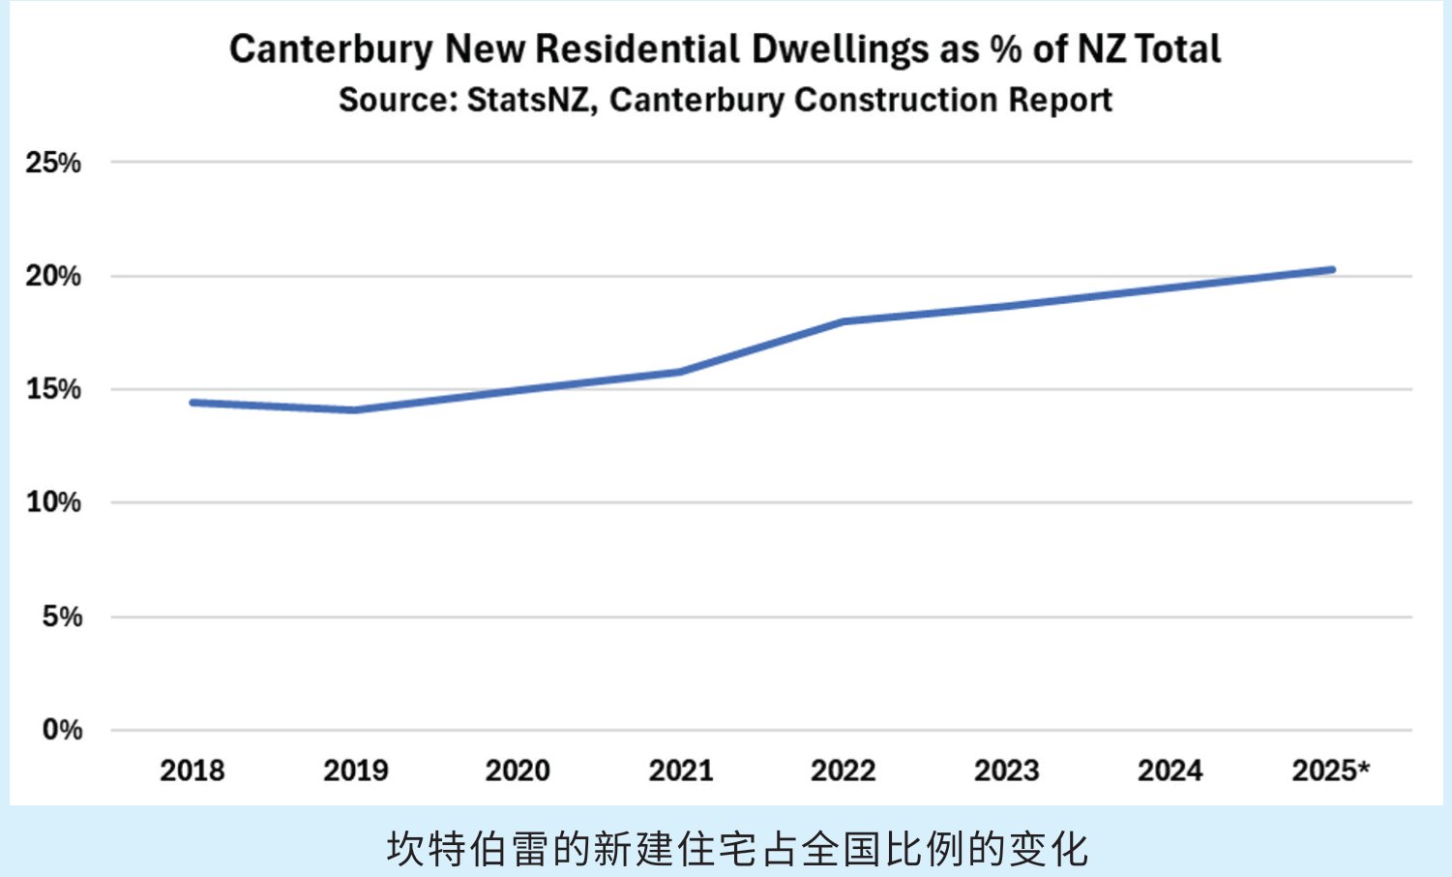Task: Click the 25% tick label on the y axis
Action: (x=54, y=163)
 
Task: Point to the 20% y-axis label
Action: (x=54, y=276)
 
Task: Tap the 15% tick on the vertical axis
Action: (x=54, y=389)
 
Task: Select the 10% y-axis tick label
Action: (x=54, y=502)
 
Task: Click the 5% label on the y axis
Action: (x=63, y=617)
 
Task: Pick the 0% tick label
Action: (x=63, y=730)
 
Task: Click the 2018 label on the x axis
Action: (x=193, y=771)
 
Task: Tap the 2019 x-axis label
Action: (x=356, y=771)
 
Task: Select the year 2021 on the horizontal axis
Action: (x=681, y=771)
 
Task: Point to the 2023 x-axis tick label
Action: (x=1007, y=771)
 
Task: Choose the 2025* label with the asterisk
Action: (x=1331, y=771)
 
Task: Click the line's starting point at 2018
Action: (x=193, y=403)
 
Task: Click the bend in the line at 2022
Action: (x=844, y=321)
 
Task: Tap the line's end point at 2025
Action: (x=1332, y=270)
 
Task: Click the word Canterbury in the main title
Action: (x=331, y=49)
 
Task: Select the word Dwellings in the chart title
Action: (x=840, y=49)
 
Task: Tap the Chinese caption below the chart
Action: (x=737, y=849)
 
